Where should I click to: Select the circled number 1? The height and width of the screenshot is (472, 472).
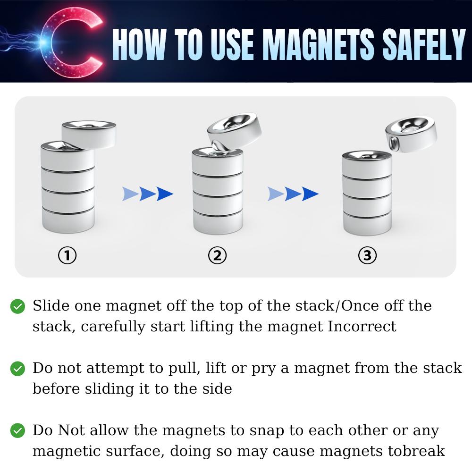67,255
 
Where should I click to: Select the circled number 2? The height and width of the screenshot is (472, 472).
217,255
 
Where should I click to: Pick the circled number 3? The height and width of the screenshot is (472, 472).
367,255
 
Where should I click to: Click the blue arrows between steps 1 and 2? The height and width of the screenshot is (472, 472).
148,194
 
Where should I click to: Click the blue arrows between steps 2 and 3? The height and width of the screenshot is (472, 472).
293,194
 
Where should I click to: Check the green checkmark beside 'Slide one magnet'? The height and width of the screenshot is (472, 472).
17,306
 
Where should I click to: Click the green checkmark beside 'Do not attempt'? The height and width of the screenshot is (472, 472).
17,369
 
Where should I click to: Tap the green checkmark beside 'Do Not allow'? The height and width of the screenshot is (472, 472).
17,430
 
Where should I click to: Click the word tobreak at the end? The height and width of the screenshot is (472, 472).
416,451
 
